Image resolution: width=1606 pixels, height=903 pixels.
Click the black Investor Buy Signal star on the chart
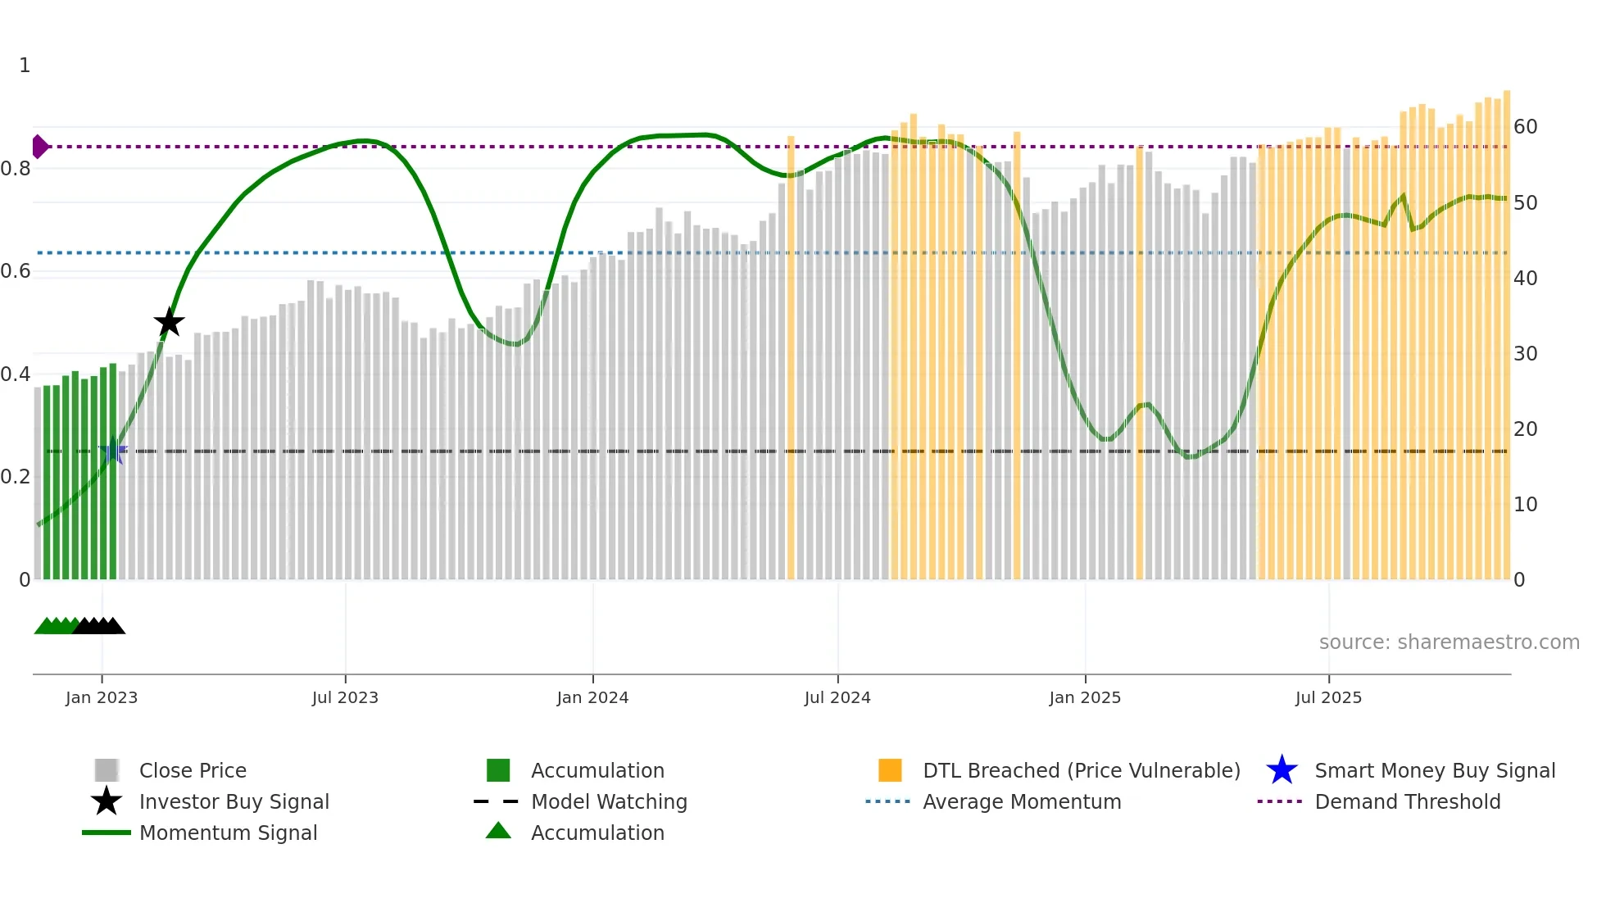pyautogui.click(x=169, y=322)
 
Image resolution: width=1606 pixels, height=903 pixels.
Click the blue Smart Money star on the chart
pyautogui.click(x=113, y=451)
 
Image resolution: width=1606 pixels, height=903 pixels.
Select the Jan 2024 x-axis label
pyautogui.click(x=592, y=697)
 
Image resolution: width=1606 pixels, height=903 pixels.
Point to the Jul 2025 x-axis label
pyautogui.click(x=1328, y=697)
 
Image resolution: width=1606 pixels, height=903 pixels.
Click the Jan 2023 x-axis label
pyautogui.click(x=102, y=697)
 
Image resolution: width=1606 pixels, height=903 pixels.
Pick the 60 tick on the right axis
pyautogui.click(x=1525, y=127)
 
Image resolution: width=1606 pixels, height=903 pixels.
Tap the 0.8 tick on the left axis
pyautogui.click(x=16, y=169)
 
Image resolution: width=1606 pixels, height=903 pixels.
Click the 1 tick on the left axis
pyautogui.click(x=25, y=66)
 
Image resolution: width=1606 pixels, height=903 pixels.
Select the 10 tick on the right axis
pyautogui.click(x=1525, y=505)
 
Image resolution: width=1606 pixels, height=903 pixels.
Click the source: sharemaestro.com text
pyautogui.click(x=1449, y=642)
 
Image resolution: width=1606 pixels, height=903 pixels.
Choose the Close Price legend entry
pyautogui.click(x=193, y=770)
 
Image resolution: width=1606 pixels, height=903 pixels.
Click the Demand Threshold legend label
pyautogui.click(x=1407, y=801)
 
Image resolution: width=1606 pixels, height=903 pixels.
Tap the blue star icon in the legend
pyautogui.click(x=1282, y=770)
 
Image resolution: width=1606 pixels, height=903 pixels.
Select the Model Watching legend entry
pyautogui.click(x=608, y=801)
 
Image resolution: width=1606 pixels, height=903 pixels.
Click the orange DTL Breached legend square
pyautogui.click(x=890, y=770)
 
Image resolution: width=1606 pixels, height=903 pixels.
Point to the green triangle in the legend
pyautogui.click(x=498, y=831)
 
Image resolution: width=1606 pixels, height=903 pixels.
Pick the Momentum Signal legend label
pyautogui.click(x=228, y=833)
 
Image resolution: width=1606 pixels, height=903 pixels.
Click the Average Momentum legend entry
pyautogui.click(x=1021, y=801)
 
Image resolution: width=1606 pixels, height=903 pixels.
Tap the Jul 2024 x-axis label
pyautogui.click(x=837, y=697)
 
